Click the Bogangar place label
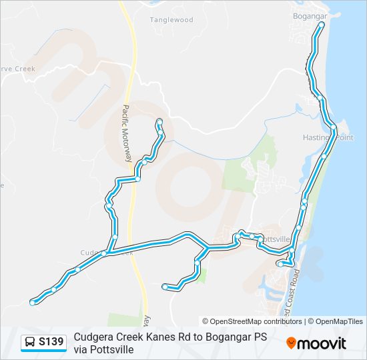tap(308, 15)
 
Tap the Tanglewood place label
tap(171, 20)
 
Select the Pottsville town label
tap(275, 239)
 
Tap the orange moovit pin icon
tap(292, 343)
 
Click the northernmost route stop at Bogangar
tap(322, 24)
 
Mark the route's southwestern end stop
tap(33, 303)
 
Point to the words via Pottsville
tap(104, 349)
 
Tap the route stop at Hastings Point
tap(334, 126)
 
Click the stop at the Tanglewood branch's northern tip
tap(159, 121)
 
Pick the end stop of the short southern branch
tap(165, 287)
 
